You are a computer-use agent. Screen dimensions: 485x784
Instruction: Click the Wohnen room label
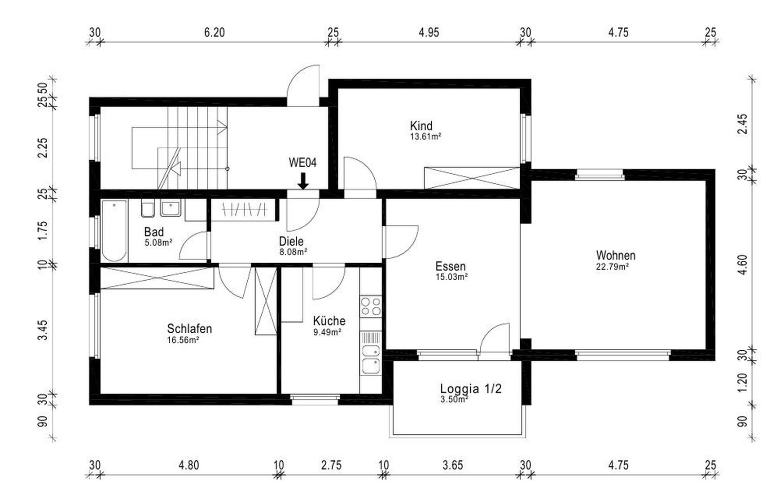pyautogui.click(x=615, y=256)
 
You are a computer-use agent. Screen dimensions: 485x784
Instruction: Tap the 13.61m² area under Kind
pyautogui.click(x=425, y=137)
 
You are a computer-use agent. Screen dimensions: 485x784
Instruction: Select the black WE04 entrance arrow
pyautogui.click(x=303, y=181)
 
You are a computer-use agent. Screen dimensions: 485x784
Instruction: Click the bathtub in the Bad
pyautogui.click(x=114, y=230)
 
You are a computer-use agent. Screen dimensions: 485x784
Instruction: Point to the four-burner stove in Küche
pyautogui.click(x=371, y=306)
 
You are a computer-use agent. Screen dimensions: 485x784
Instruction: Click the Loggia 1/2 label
pyautogui.click(x=470, y=388)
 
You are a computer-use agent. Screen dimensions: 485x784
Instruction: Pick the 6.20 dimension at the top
pyautogui.click(x=214, y=33)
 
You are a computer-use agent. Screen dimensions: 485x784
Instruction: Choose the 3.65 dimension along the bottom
pyautogui.click(x=452, y=465)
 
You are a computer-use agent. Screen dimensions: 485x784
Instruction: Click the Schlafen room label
pyautogui.click(x=189, y=329)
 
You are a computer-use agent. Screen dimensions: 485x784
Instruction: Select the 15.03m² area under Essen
pyautogui.click(x=451, y=277)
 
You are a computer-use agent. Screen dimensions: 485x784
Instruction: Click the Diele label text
pyautogui.click(x=291, y=242)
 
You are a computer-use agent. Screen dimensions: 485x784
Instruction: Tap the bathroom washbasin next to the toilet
pyautogui.click(x=171, y=209)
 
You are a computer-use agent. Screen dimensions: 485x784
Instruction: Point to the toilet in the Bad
pyautogui.click(x=147, y=209)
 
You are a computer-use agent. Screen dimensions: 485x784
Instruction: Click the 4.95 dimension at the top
pyautogui.click(x=429, y=33)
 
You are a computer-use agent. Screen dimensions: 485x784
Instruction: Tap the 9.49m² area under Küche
pyautogui.click(x=327, y=332)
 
